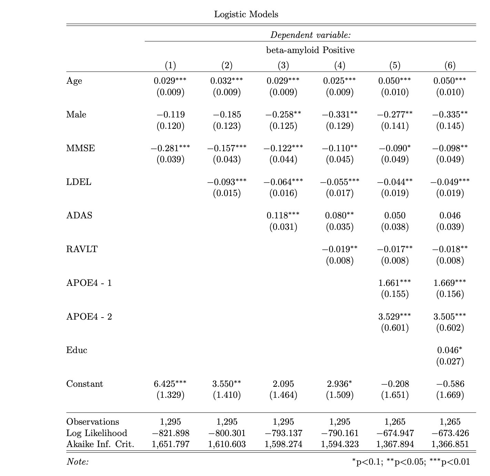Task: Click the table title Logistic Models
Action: [x=246, y=14]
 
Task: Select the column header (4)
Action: [x=339, y=65]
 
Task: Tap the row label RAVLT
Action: [x=82, y=249]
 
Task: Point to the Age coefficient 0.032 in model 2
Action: [x=226, y=81]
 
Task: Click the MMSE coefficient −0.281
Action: [x=170, y=148]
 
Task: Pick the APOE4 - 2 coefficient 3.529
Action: [x=395, y=316]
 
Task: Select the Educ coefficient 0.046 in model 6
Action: [x=450, y=350]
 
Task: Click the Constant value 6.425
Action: [x=170, y=384]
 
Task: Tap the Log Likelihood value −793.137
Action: [x=283, y=433]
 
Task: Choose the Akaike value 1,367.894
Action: [x=395, y=444]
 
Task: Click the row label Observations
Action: [x=92, y=422]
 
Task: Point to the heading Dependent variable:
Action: [x=310, y=35]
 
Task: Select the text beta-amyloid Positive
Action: [x=310, y=50]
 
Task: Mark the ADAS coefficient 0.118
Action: [x=283, y=215]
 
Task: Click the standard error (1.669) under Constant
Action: [x=450, y=395]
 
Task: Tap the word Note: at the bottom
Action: [x=77, y=462]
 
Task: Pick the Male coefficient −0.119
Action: [x=170, y=114]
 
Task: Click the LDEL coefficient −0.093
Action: [x=226, y=182]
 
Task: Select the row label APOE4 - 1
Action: [x=89, y=283]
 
